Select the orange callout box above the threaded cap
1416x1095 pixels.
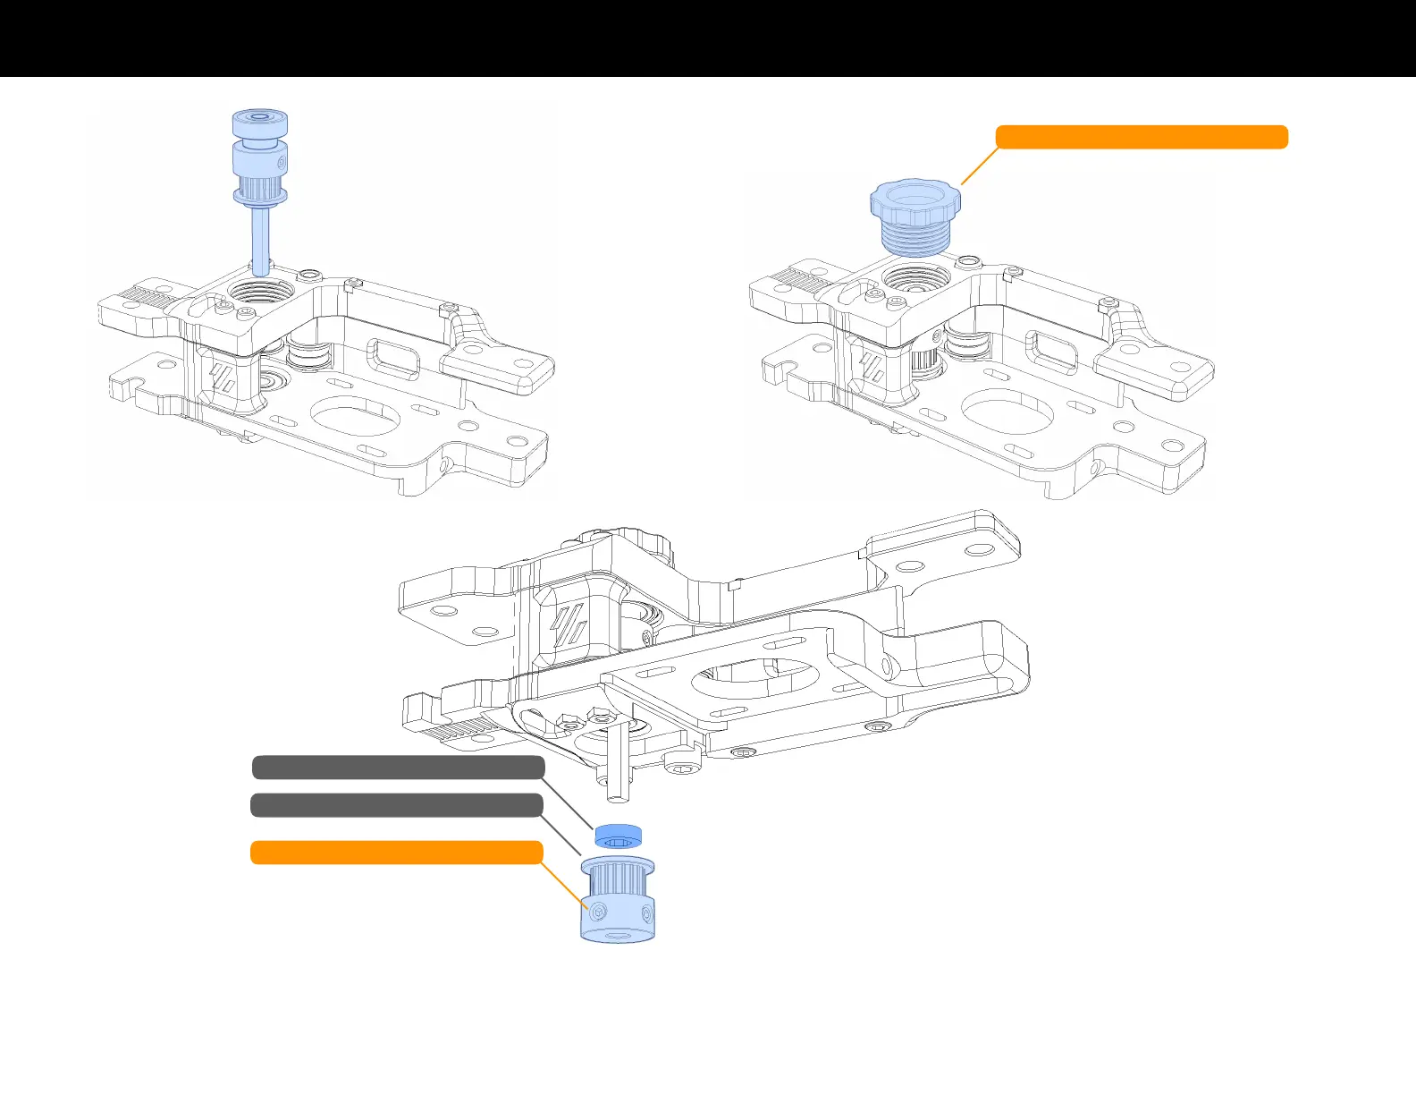1142,137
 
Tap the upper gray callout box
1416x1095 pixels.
398,768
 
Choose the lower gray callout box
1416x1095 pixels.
396,805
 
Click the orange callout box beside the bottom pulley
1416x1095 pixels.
396,853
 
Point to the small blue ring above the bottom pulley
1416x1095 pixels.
619,836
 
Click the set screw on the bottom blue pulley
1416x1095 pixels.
598,910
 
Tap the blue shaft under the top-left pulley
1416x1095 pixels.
260,240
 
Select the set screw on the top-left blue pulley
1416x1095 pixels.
282,163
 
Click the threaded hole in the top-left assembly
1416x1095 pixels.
260,290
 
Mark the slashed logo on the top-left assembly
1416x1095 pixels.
222,376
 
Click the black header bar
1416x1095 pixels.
708,38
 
